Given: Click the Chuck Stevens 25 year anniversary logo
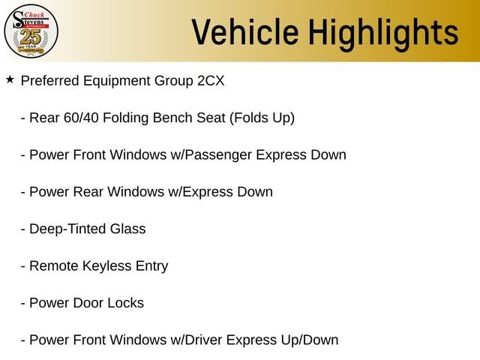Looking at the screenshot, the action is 31,31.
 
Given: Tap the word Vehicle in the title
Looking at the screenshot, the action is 245,32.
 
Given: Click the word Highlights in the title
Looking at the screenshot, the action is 383,34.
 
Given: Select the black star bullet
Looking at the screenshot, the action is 10,79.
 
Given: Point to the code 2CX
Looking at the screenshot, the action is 211,81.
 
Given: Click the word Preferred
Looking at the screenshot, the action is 50,81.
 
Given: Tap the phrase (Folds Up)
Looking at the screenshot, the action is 262,118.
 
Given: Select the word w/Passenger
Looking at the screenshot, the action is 211,155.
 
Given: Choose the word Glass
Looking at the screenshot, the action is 127,229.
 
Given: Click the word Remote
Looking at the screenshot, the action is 54,266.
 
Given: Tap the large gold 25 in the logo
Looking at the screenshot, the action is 31,37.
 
